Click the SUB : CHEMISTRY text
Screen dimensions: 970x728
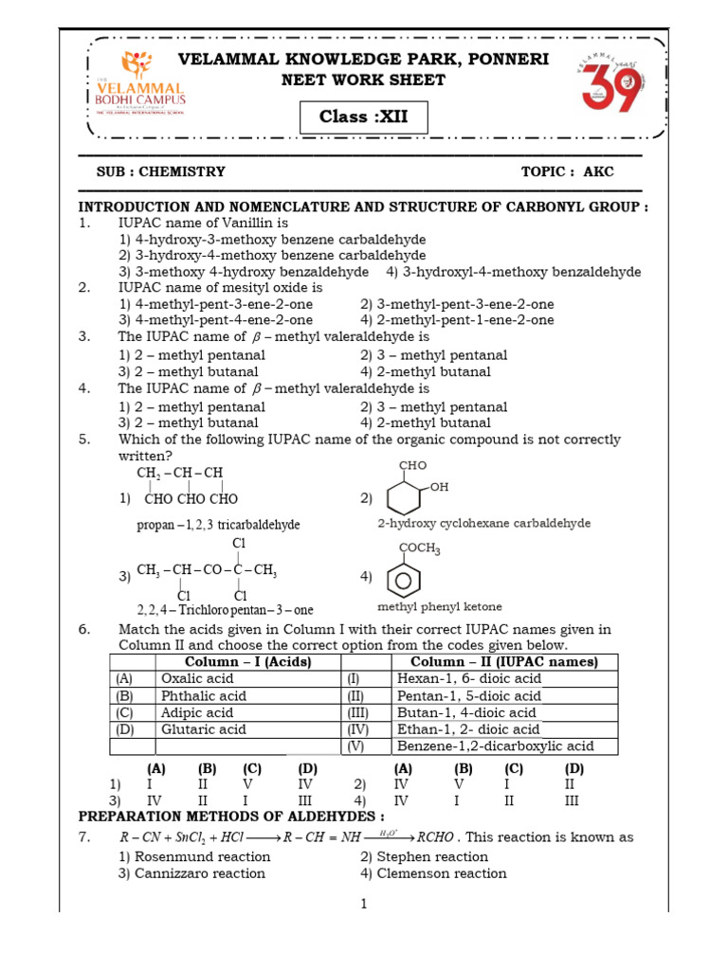tap(161, 171)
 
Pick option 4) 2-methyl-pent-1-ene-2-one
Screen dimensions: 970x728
tap(457, 320)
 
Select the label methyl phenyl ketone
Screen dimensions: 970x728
tap(440, 606)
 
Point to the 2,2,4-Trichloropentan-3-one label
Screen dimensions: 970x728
tap(225, 610)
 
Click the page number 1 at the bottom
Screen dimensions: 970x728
tap(363, 905)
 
